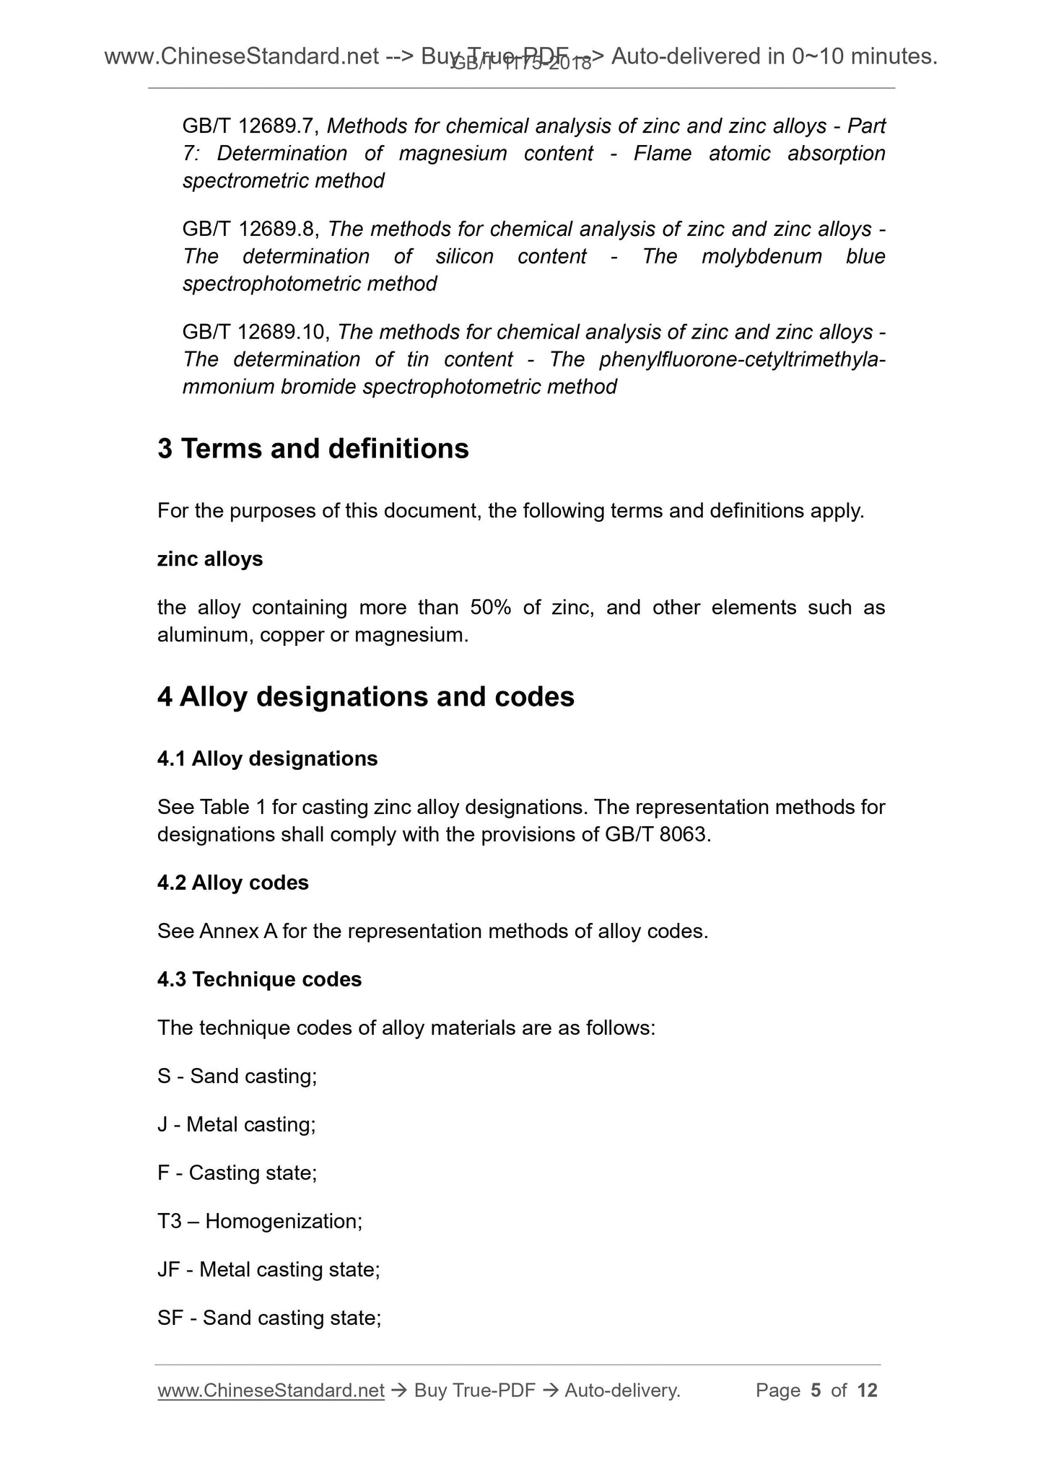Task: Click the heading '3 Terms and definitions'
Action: tap(313, 449)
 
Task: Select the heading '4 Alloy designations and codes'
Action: tap(365, 697)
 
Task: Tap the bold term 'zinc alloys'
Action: tap(209, 559)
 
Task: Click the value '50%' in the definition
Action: tap(490, 608)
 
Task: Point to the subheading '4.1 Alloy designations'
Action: tap(267, 758)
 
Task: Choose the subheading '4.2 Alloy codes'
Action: tap(232, 883)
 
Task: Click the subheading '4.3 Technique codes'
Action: tap(259, 979)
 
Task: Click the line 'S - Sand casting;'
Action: tap(237, 1077)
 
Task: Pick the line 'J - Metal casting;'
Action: tap(236, 1125)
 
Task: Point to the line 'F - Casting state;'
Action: tap(237, 1173)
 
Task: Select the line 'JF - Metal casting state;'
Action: tap(268, 1270)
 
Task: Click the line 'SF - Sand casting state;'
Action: tap(269, 1318)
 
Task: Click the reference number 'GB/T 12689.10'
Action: tap(255, 333)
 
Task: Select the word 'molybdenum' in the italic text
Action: tap(761, 257)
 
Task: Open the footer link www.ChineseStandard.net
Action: tap(270, 1391)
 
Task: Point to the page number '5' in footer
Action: tap(816, 1391)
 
